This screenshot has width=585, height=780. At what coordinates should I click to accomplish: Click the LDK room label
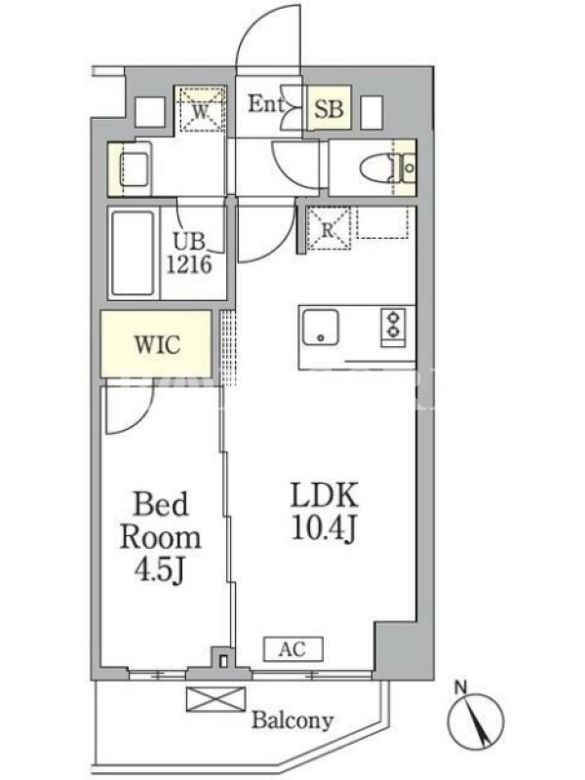[x=325, y=495]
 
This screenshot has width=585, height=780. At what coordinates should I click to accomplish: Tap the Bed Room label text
[x=161, y=521]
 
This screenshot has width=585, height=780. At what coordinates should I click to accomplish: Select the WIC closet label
[x=157, y=344]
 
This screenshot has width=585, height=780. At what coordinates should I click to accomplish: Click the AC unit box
[x=293, y=649]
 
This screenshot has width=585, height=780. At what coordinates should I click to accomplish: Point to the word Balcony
[x=292, y=720]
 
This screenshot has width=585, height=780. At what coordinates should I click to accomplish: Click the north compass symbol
[x=476, y=721]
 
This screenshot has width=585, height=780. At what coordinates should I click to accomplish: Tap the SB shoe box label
[x=330, y=107]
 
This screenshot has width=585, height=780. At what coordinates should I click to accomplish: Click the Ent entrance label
[x=265, y=104]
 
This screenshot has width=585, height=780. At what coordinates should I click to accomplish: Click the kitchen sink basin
[x=321, y=327]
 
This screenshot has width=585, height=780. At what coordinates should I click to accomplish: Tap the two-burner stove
[x=394, y=327]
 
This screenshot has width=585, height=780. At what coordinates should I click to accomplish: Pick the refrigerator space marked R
[x=329, y=228]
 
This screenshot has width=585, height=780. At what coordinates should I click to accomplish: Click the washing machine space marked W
[x=200, y=109]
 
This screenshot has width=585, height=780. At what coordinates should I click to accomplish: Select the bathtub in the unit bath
[x=133, y=253]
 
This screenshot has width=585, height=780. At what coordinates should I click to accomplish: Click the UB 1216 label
[x=189, y=253]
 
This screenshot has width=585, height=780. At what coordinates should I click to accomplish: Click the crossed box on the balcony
[x=215, y=699]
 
